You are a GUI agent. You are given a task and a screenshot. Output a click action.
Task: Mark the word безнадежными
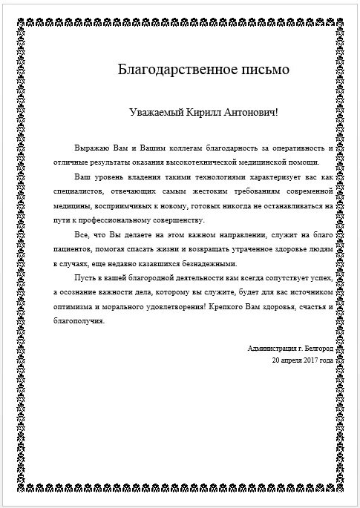point(206,263)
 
